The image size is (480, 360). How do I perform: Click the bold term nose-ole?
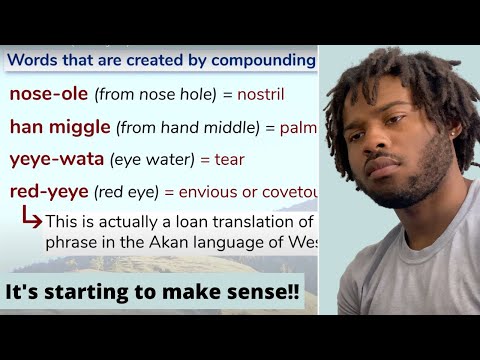(x=47, y=95)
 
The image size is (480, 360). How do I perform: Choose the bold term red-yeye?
(x=47, y=192)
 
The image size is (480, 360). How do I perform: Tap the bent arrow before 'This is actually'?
(x=29, y=218)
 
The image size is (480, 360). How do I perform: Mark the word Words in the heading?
(x=33, y=60)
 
